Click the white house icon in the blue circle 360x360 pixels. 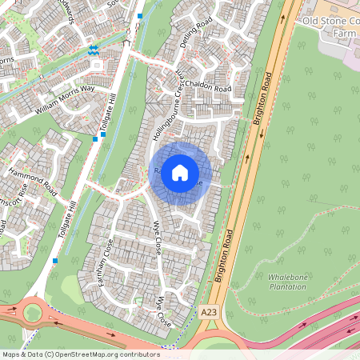pyautogui.click(x=180, y=173)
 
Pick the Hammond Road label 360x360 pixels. pyautogui.click(x=32, y=182)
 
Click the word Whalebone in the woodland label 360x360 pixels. pyautogui.click(x=286, y=276)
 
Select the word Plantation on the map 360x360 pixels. pyautogui.click(x=286, y=286)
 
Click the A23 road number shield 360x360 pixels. pyautogui.click(x=209, y=311)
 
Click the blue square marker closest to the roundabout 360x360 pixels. pyautogui.click(x=54, y=261)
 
